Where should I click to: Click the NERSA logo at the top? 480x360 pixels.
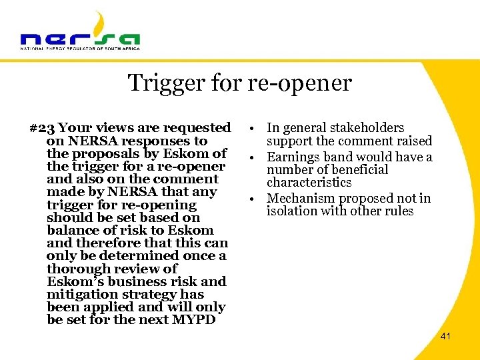[80, 33]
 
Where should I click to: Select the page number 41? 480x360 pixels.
[445, 337]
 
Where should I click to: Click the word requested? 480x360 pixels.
[198, 127]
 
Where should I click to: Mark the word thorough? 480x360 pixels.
[76, 269]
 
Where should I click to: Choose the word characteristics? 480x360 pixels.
[309, 182]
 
